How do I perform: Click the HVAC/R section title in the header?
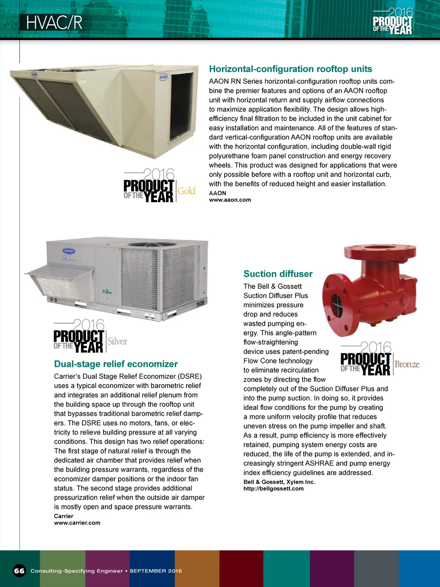click(54, 23)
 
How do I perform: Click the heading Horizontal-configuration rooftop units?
click(290, 69)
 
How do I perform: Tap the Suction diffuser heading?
click(278, 274)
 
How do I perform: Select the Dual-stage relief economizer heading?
click(116, 364)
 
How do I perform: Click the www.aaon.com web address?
click(230, 200)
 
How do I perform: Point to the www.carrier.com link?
click(77, 523)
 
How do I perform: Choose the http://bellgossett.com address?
click(273, 489)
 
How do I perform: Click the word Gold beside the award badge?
click(186, 191)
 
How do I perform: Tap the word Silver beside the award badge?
click(117, 341)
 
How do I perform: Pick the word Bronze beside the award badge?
click(406, 365)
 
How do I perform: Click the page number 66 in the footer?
click(19, 571)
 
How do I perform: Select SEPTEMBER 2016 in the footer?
click(156, 571)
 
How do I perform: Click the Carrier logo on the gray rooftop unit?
click(69, 251)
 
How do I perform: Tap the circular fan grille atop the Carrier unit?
click(153, 245)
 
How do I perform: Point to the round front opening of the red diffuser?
click(336, 301)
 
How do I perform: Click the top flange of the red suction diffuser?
click(380, 251)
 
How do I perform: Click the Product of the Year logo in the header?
click(393, 22)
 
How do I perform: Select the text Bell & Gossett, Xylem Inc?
click(279, 482)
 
